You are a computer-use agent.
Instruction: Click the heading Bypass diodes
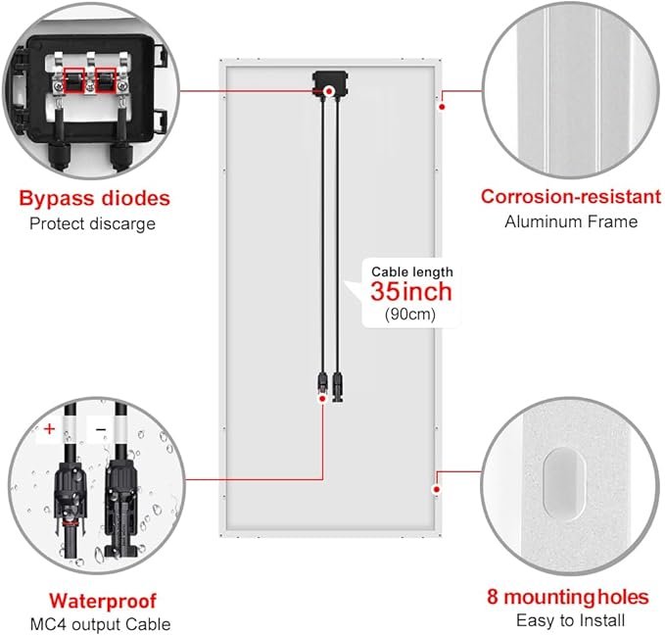[x=94, y=199]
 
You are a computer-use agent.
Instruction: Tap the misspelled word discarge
[x=123, y=223]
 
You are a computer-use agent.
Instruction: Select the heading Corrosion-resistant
[x=571, y=197]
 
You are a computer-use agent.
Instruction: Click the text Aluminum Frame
[x=571, y=221]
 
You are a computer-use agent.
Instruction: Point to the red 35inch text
[x=411, y=292]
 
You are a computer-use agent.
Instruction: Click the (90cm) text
[x=410, y=315]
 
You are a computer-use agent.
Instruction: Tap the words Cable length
[x=412, y=271]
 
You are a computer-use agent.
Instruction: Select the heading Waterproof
[x=103, y=601]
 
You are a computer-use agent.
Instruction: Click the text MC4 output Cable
[x=101, y=624]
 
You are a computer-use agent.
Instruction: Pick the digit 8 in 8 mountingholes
[x=493, y=597]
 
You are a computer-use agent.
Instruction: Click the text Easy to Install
[x=570, y=620]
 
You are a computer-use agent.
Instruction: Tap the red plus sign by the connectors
[x=49, y=429]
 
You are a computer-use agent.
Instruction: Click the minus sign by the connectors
[x=101, y=429]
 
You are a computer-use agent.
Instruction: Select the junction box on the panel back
[x=330, y=84]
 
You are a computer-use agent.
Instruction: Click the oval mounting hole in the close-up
[x=564, y=483]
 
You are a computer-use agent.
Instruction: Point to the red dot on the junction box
[x=328, y=91]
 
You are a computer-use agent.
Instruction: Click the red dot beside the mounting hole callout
[x=437, y=490]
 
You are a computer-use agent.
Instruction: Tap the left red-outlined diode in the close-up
[x=74, y=80]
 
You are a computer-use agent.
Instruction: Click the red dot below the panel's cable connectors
[x=322, y=399]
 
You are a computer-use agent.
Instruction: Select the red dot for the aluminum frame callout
[x=442, y=107]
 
